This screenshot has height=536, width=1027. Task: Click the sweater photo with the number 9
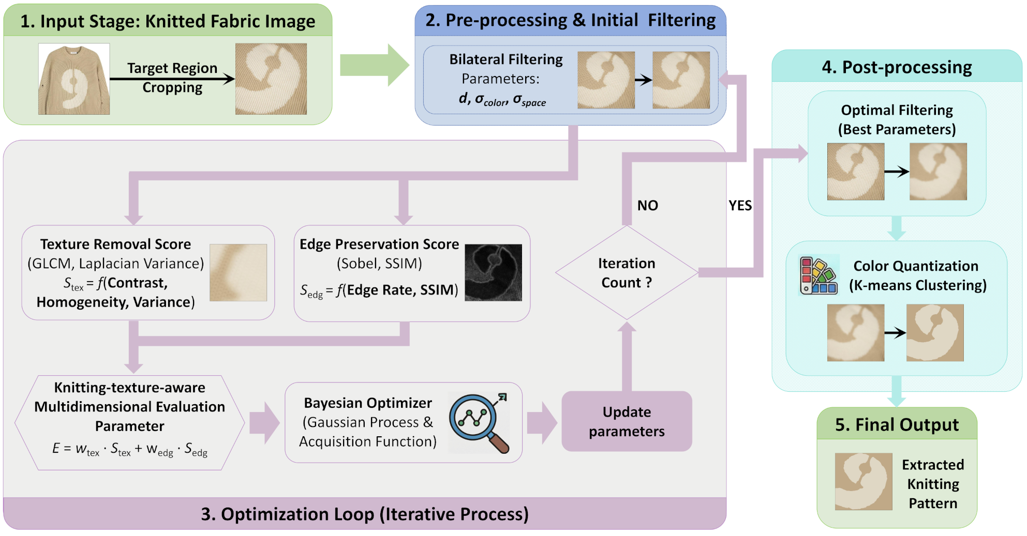[x=74, y=79]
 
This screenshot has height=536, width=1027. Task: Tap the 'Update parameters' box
[x=627, y=421]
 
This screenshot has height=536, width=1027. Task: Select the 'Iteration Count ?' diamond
[x=627, y=272]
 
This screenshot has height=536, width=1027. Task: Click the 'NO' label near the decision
[x=648, y=205]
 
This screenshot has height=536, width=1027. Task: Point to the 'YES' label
[x=740, y=205]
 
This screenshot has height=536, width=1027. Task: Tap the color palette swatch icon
[x=818, y=275]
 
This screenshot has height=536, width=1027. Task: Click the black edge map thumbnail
[x=493, y=272]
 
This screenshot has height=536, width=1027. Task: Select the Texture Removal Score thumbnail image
[x=238, y=272]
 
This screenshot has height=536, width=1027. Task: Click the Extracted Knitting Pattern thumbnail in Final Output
[x=864, y=482]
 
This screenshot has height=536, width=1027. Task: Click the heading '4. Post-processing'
[x=897, y=67]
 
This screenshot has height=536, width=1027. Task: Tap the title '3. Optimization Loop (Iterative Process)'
[x=365, y=514]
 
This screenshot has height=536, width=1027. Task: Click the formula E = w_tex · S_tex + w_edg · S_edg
[x=130, y=449]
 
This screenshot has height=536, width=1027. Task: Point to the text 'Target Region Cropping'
[x=172, y=78]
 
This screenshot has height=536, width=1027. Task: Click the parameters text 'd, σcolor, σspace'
[x=502, y=99]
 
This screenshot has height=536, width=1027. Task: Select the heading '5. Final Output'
[x=897, y=424]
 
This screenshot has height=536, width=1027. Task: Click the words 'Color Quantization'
[x=916, y=266]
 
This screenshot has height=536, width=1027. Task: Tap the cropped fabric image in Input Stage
[x=271, y=79]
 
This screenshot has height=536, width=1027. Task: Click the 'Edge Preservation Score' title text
[x=379, y=244]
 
